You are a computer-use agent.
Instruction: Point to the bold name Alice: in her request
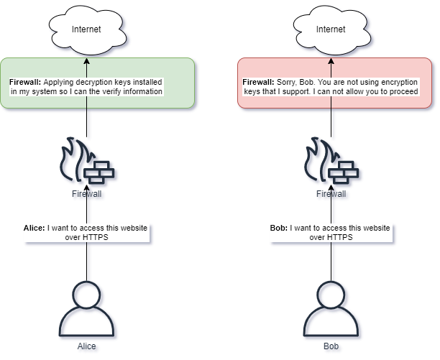[35, 228]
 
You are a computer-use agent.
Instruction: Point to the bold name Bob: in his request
[279, 228]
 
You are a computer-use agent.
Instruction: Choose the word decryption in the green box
[92, 83]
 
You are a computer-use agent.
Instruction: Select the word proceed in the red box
[404, 92]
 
